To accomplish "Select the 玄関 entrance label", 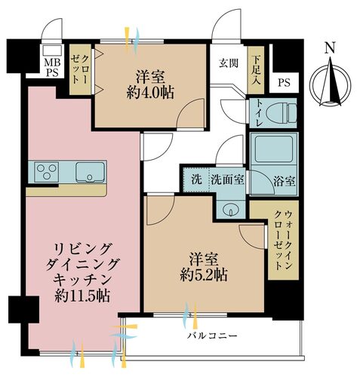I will point(229,63).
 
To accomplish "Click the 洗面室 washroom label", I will point(227,181).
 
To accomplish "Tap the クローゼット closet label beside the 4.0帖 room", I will point(81,66).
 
